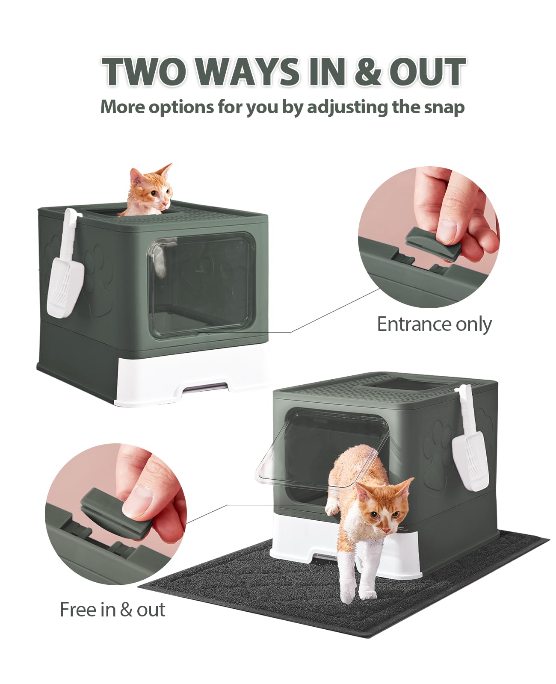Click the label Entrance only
(x=434, y=324)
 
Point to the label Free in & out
(x=112, y=609)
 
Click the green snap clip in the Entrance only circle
(x=433, y=241)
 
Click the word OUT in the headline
(x=427, y=71)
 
